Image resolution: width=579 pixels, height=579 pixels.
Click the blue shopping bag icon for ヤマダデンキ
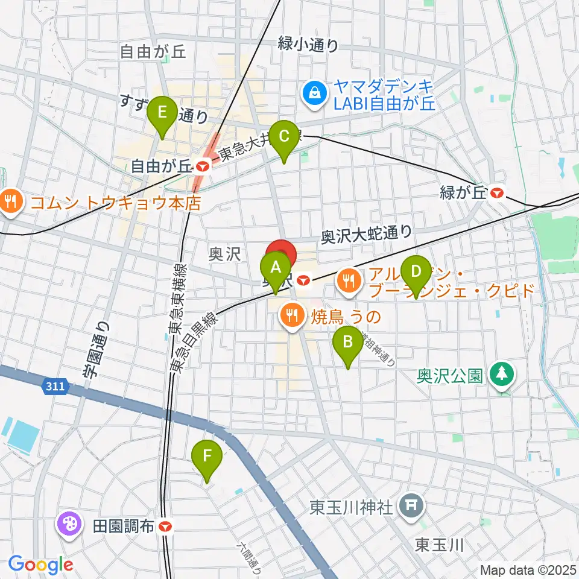(x=315, y=93)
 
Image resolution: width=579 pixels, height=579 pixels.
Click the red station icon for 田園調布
(x=166, y=527)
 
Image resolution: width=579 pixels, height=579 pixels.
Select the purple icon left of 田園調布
(x=69, y=523)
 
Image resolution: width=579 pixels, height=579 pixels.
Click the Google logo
(x=40, y=564)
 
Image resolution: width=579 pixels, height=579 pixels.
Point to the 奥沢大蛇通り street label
(x=366, y=233)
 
